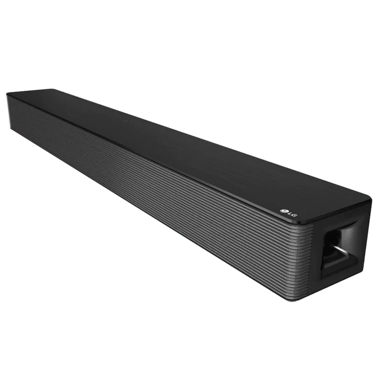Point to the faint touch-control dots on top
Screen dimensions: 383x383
pos(133,122)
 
